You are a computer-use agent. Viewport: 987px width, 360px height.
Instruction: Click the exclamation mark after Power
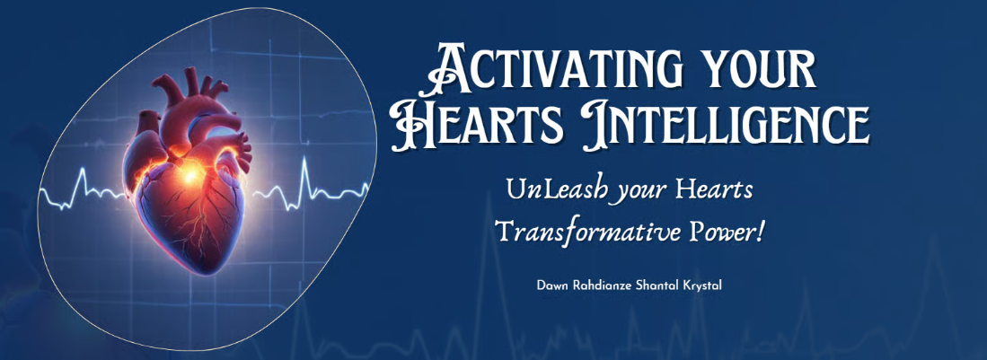760,233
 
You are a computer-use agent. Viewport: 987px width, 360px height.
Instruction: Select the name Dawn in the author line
551,285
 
